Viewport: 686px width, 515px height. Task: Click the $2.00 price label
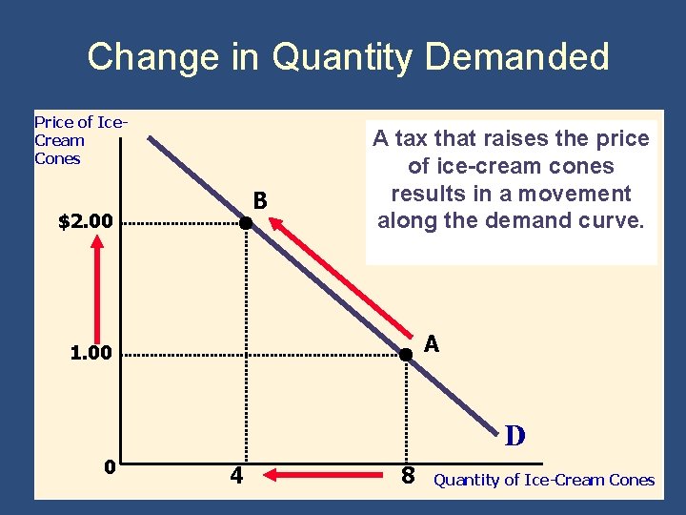(x=86, y=223)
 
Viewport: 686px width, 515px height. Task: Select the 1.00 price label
(x=91, y=354)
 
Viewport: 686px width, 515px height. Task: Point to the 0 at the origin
(x=111, y=467)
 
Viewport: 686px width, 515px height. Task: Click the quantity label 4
(x=235, y=473)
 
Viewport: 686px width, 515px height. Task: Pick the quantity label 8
(x=407, y=474)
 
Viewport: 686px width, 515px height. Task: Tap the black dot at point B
(x=245, y=223)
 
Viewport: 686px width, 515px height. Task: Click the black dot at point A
(x=405, y=354)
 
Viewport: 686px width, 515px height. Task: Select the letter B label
(x=259, y=201)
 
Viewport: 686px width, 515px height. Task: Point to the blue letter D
(x=514, y=437)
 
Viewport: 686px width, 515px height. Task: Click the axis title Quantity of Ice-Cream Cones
(x=544, y=481)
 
